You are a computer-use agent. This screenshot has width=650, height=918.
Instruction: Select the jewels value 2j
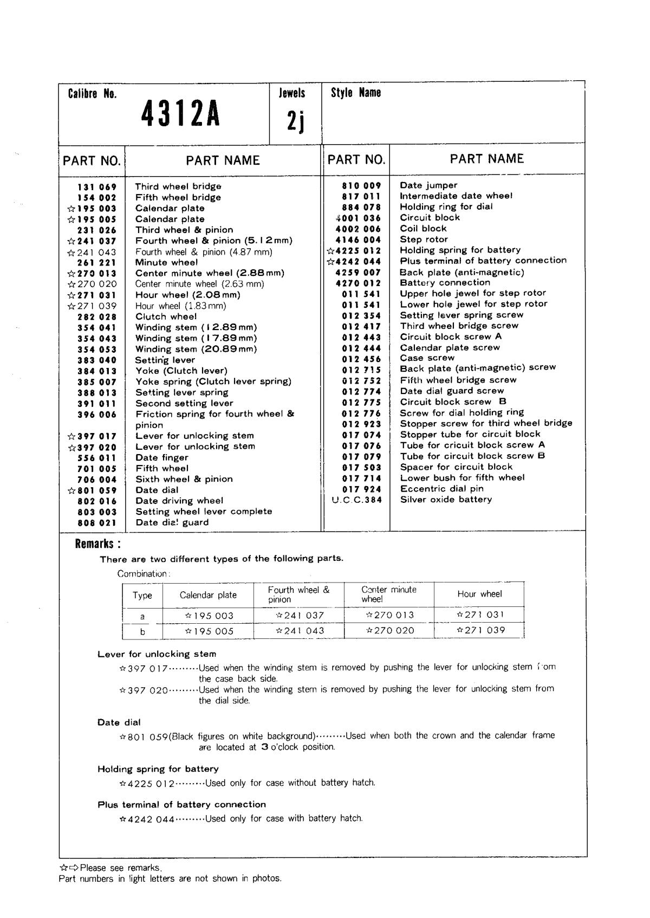(x=295, y=122)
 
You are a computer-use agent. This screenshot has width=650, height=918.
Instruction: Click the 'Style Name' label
(x=356, y=93)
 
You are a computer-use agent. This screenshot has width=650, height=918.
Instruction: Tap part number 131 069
(x=97, y=187)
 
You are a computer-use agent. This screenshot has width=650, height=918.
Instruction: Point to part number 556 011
(x=97, y=458)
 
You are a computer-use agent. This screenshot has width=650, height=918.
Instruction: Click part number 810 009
(x=361, y=185)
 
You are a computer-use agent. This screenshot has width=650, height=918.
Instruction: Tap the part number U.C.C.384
(x=356, y=500)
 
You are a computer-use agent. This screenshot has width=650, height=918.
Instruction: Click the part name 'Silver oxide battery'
(x=446, y=500)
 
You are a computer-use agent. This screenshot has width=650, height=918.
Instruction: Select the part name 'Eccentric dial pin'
(x=442, y=489)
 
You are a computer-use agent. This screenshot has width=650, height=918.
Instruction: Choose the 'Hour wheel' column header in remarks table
(x=479, y=594)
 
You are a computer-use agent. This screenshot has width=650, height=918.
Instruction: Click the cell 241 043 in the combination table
(x=300, y=631)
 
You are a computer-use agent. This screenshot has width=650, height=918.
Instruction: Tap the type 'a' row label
(x=142, y=616)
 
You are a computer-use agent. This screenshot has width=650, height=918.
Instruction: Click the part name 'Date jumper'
(x=428, y=185)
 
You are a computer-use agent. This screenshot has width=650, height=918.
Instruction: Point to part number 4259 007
(x=358, y=272)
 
